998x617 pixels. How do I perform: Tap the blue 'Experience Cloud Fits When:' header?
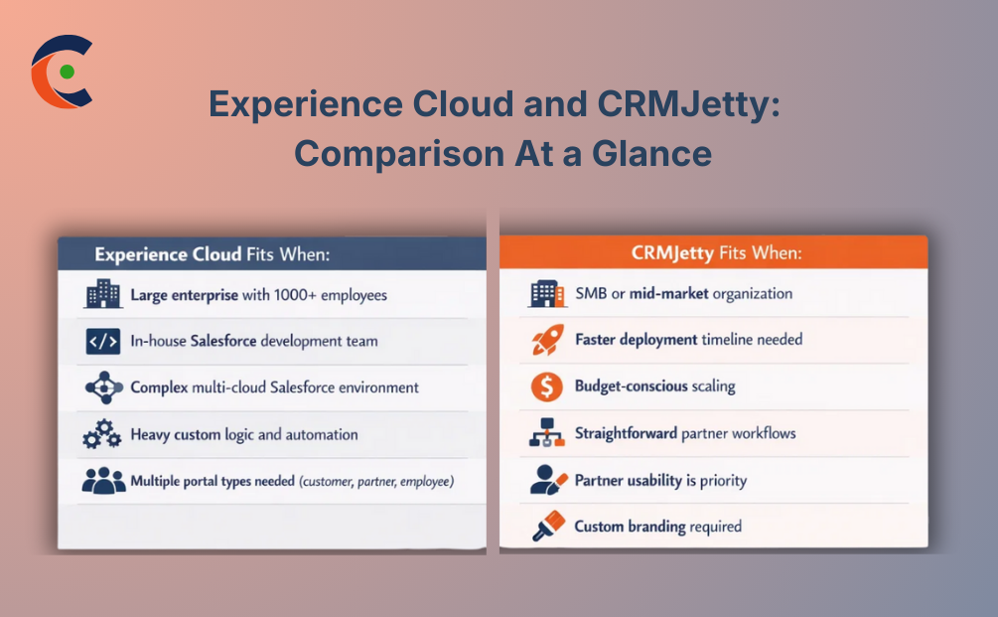pyautogui.click(x=212, y=254)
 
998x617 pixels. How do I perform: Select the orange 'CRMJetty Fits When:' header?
pyautogui.click(x=716, y=253)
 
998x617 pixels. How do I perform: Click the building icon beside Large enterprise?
pyautogui.click(x=103, y=294)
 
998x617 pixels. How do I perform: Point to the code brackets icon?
pyautogui.click(x=103, y=341)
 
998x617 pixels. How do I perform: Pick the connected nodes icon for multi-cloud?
pyautogui.click(x=103, y=387)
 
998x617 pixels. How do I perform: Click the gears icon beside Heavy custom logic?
pyautogui.click(x=103, y=435)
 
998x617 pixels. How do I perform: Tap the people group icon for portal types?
pyautogui.click(x=103, y=482)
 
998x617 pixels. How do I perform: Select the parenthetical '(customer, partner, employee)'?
pyautogui.click(x=377, y=482)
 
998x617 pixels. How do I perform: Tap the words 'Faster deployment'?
pyautogui.click(x=636, y=340)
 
